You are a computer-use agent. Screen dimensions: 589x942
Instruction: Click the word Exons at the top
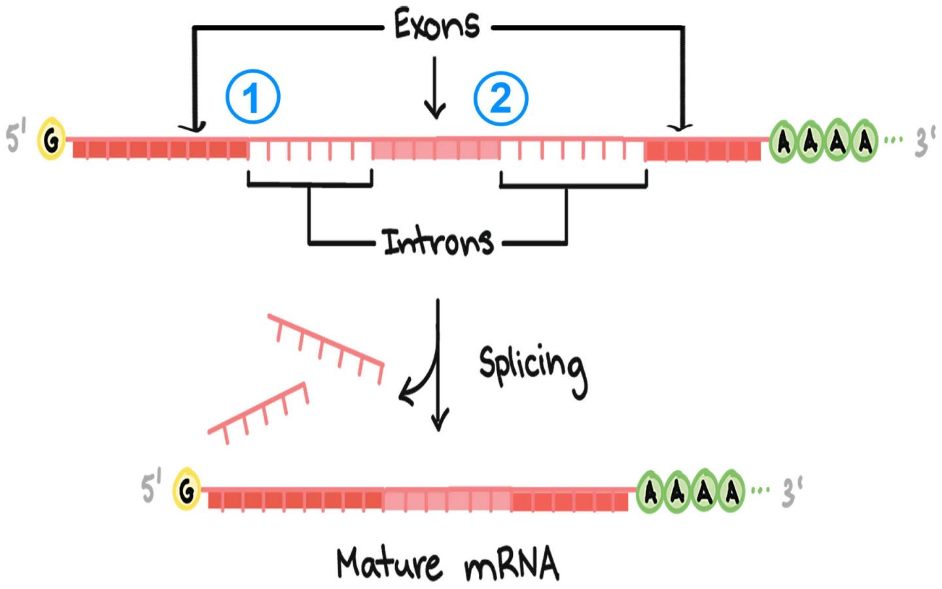point(436,26)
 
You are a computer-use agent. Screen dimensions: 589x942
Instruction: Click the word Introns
point(438,241)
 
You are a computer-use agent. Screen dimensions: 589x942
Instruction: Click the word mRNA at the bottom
point(512,564)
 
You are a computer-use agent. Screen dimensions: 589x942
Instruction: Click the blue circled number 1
point(253,98)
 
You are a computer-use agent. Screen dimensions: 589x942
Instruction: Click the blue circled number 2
point(500,98)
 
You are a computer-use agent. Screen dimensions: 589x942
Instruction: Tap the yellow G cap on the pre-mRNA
point(51,139)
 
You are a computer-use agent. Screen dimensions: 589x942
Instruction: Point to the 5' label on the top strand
point(16,138)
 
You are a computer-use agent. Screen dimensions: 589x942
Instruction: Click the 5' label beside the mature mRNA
point(151,488)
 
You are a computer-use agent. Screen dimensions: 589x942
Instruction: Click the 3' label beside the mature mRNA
point(792,491)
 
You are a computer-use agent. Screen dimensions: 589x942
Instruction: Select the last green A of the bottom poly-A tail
point(730,491)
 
